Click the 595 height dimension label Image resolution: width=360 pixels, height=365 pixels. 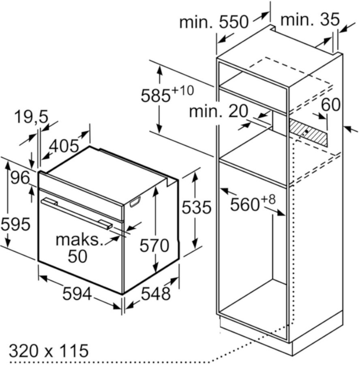coord(15,224)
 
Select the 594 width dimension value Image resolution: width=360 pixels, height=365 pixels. coord(77,294)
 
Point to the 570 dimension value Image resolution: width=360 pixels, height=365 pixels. coord(154,246)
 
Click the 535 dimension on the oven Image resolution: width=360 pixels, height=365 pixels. coord(196,207)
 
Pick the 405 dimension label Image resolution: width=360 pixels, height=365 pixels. coord(64,146)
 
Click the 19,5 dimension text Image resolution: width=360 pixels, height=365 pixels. coord(31,117)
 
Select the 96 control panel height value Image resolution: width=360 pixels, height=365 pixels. coord(21,178)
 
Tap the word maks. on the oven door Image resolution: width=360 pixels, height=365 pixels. coord(79,240)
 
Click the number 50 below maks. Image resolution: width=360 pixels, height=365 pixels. coord(77,256)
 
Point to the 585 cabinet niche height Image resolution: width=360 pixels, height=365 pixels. coord(156,95)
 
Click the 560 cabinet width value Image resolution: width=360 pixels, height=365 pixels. coord(245,204)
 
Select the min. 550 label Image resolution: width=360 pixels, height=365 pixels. coord(214,22)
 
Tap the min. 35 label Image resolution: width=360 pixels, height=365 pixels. coord(310,19)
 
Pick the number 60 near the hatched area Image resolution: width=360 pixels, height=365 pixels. coord(331,105)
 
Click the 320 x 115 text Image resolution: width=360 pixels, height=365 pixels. coord(49,350)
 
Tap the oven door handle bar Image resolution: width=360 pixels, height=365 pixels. coord(77,214)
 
